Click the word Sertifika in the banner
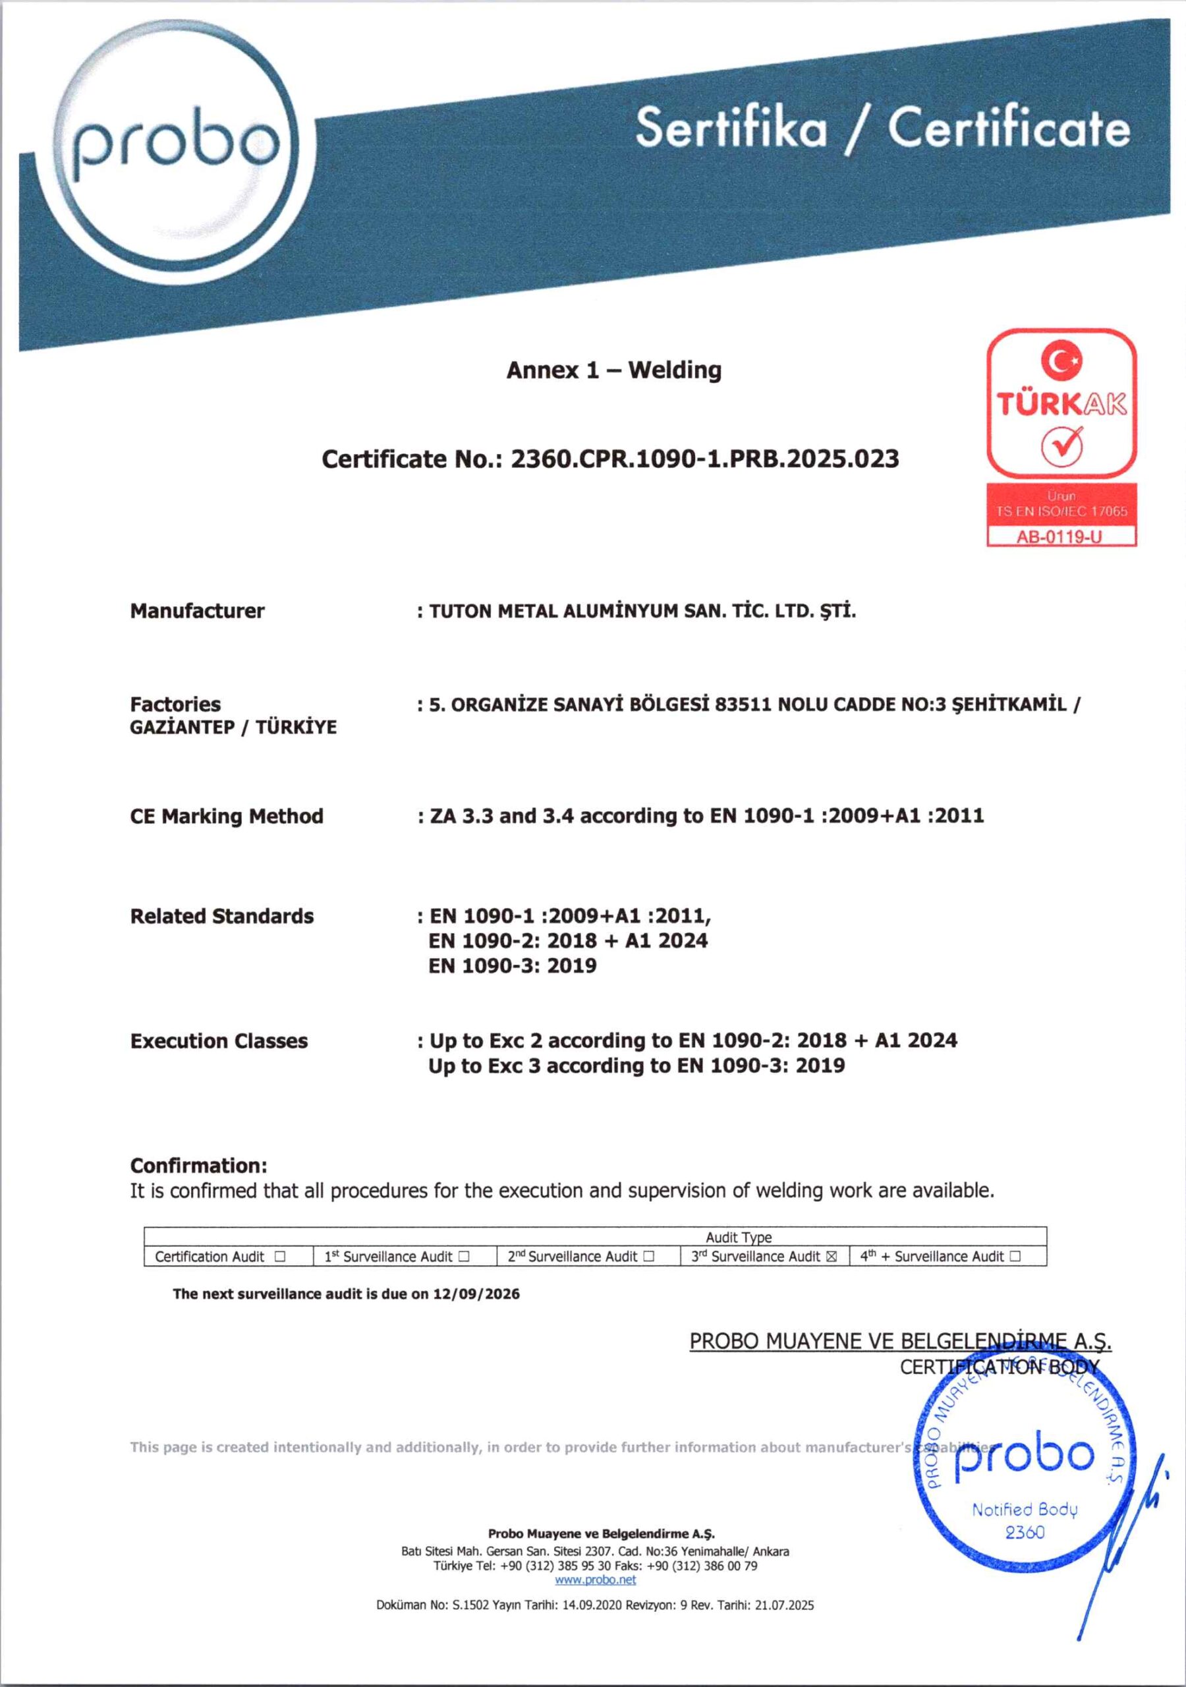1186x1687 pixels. tap(731, 127)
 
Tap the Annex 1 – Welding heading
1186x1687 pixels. tap(613, 370)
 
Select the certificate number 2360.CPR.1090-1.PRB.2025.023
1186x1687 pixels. tap(704, 459)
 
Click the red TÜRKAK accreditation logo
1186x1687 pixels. tap(1061, 403)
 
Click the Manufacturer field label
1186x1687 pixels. tap(197, 611)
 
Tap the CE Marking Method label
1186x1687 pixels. tap(226, 816)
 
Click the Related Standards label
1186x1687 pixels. tap(221, 916)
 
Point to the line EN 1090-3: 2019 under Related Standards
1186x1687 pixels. tap(512, 965)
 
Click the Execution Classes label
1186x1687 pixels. tap(218, 1041)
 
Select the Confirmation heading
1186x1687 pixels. tap(198, 1165)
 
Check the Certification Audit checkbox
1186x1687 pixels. tap(279, 1257)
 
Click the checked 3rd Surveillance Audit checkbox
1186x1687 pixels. tap(831, 1257)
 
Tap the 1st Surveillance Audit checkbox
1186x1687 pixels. tap(464, 1257)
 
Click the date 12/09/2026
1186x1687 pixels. tap(476, 1294)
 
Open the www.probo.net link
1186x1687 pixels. tap(595, 1580)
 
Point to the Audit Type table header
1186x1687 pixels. tap(739, 1238)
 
